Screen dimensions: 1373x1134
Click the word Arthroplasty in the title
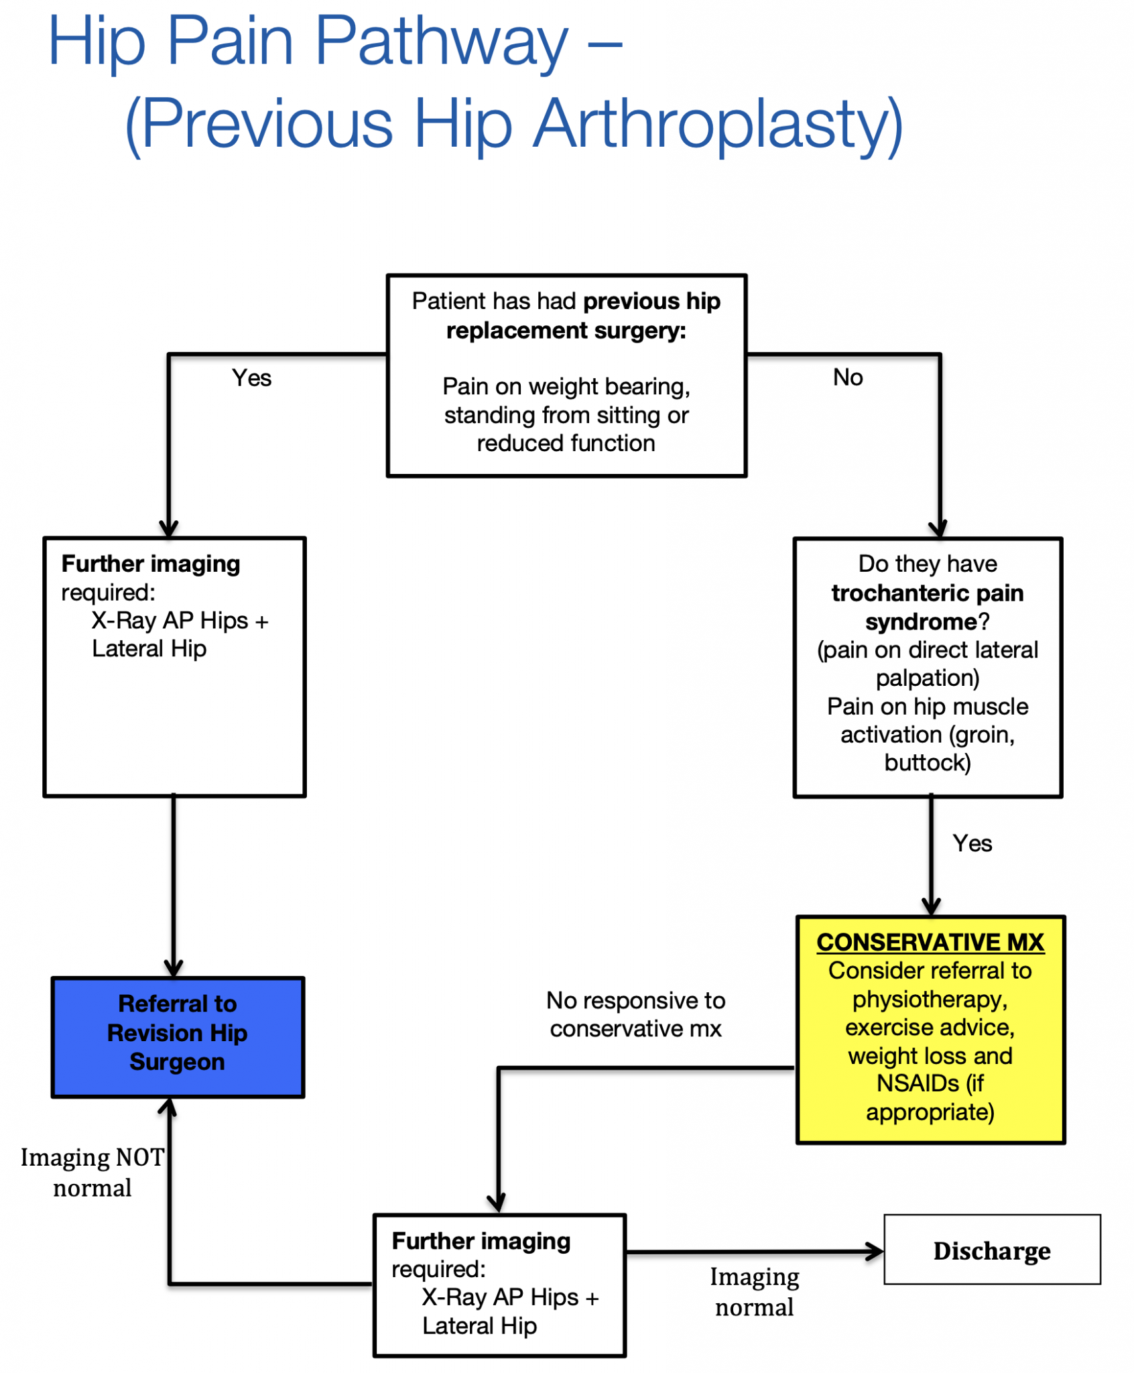718,124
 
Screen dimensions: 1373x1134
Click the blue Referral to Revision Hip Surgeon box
178,1036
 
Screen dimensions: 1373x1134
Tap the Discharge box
991,1250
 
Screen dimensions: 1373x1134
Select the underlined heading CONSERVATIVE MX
930,943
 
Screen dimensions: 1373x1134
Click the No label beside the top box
847,377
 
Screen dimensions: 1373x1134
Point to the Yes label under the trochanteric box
972,843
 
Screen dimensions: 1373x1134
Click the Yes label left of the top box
251,378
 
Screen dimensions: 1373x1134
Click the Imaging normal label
754,1292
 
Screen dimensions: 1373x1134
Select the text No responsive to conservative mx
635,1014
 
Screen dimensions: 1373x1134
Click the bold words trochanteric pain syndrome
928,607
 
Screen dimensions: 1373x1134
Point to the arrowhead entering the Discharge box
875,1251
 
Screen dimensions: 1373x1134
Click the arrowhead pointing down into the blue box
174,968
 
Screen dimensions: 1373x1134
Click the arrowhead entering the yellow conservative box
931,907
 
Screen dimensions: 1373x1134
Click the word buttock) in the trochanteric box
928,763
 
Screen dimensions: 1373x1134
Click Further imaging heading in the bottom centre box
481,1241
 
